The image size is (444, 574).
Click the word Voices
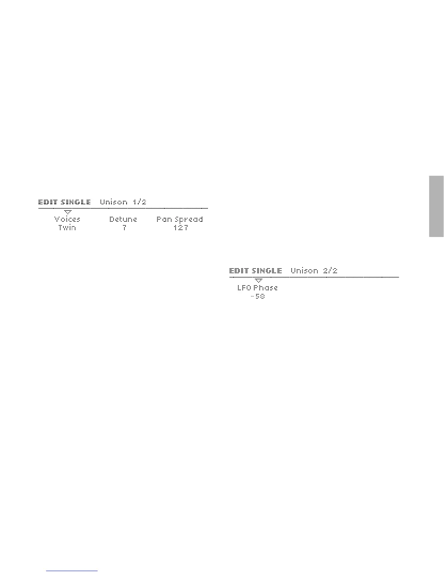67,219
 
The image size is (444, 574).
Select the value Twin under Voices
67,228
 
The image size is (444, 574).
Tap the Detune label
123,219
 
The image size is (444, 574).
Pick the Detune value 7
124,228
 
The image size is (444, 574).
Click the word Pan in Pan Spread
164,219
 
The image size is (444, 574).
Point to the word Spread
189,220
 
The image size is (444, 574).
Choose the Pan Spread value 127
181,228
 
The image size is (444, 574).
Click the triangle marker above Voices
67,212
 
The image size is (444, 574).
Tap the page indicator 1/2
140,202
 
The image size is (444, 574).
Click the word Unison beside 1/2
114,202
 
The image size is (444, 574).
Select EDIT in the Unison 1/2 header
48,202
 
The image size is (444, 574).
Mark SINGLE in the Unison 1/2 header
76,202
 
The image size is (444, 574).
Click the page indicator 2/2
330,271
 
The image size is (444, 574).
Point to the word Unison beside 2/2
304,271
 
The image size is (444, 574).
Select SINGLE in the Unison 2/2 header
267,271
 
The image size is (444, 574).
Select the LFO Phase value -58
258,296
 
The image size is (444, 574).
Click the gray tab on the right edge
436,206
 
